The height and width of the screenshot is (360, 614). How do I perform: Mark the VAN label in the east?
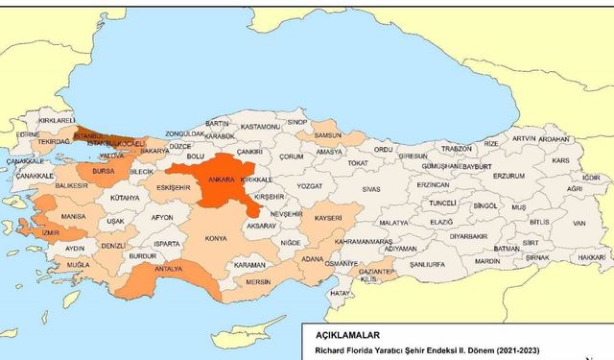pyautogui.click(x=579, y=223)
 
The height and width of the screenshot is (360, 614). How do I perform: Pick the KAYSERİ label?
pyautogui.click(x=328, y=219)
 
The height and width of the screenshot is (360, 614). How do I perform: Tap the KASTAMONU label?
pyautogui.click(x=260, y=126)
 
